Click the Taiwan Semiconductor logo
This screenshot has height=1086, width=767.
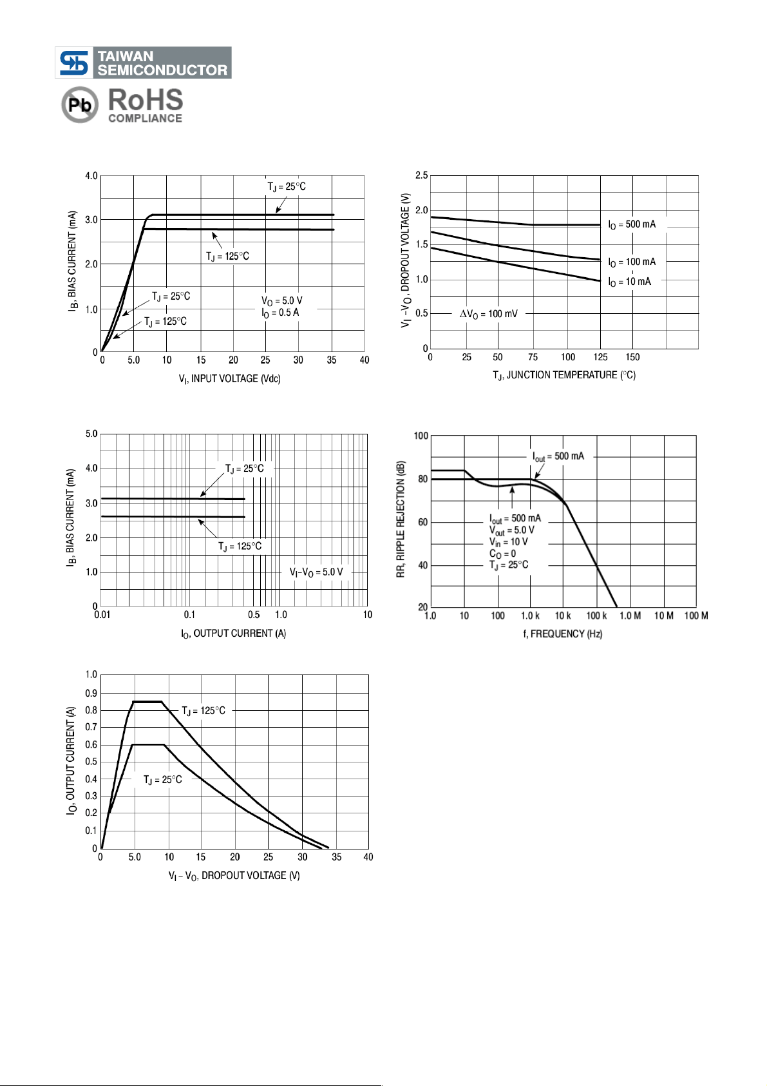pyautogui.click(x=143, y=63)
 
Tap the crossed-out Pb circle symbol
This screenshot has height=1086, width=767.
pyautogui.click(x=80, y=104)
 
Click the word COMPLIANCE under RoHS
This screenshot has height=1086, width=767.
pyautogui.click(x=145, y=119)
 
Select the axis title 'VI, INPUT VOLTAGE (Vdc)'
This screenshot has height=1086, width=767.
pyautogui.click(x=229, y=379)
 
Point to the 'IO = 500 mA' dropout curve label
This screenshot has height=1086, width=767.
pyautogui.click(x=632, y=224)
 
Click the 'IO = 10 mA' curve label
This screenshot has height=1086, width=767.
pyautogui.click(x=629, y=282)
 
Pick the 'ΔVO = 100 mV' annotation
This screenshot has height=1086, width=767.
pyautogui.click(x=488, y=314)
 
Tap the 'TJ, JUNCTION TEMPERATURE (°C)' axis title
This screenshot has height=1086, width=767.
pyautogui.click(x=564, y=375)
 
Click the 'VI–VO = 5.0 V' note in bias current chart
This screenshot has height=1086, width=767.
pyautogui.click(x=316, y=572)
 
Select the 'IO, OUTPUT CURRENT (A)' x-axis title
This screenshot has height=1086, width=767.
pyautogui.click(x=233, y=634)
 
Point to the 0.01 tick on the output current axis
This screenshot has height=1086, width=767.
pyautogui.click(x=102, y=615)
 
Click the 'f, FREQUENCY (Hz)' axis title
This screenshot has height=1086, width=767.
pyautogui.click(x=562, y=634)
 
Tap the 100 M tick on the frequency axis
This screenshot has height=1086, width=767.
pyautogui.click(x=696, y=616)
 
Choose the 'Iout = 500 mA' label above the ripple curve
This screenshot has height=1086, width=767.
pyautogui.click(x=558, y=456)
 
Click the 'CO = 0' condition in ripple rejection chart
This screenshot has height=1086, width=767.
pyautogui.click(x=502, y=554)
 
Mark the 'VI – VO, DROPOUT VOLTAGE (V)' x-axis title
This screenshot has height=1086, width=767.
pyautogui.click(x=234, y=876)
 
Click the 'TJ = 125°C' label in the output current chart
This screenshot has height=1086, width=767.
pyautogui.click(x=204, y=711)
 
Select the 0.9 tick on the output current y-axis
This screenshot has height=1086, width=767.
pyautogui.click(x=91, y=693)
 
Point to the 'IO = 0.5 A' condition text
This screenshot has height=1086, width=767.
pyautogui.click(x=280, y=313)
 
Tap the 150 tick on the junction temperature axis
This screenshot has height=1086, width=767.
pyautogui.click(x=632, y=358)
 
